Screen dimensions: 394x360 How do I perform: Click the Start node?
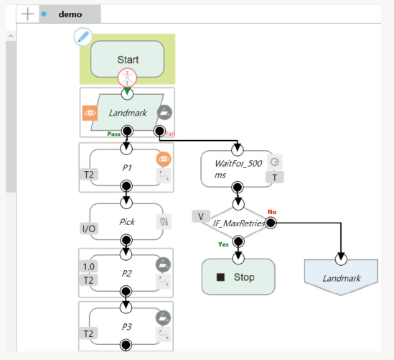128,59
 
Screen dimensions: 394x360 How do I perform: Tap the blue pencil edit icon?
83,37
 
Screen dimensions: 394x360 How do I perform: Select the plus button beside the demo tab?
28,14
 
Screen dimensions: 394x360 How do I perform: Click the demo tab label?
70,14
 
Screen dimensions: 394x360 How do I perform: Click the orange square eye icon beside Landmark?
90,113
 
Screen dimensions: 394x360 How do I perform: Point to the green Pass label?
114,134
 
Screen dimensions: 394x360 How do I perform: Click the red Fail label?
170,134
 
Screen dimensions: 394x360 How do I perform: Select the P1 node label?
127,168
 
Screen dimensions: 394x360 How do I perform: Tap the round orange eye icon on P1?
164,159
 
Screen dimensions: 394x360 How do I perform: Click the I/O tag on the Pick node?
89,229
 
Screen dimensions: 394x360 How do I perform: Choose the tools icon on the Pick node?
164,221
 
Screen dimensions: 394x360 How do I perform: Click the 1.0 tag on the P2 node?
89,267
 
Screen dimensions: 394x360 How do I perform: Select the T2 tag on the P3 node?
88,334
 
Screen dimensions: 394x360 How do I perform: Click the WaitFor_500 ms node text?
238,169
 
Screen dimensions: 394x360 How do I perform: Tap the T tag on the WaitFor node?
275,177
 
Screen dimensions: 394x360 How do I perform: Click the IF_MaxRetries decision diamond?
238,223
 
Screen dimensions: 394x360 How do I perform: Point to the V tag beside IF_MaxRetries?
201,216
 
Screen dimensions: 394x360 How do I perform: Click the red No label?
272,212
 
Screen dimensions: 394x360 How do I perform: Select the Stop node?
238,277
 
